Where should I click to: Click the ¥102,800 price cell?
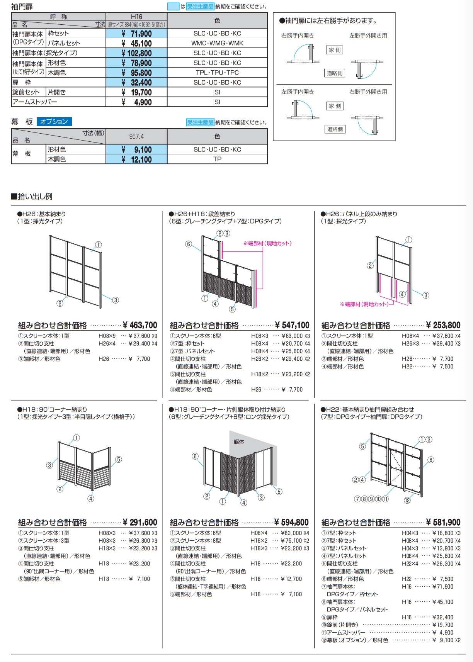pos(136,53)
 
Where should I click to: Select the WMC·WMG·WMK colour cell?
pos(217,43)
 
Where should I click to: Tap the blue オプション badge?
pos(54,122)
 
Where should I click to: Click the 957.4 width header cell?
pos(136,137)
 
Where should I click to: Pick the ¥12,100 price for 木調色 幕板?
pos(136,160)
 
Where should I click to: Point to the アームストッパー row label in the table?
pos(35,102)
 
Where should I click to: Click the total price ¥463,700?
pos(140,325)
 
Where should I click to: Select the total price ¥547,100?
pos(292,325)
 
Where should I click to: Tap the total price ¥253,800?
pos(443,325)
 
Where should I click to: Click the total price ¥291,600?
pos(140,523)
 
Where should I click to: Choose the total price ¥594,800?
pos(291,523)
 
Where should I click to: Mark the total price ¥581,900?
pos(443,523)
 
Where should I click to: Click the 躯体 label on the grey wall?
pos(239,442)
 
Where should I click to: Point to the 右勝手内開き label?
pos(298,36)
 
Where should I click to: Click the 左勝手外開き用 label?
pos(368,36)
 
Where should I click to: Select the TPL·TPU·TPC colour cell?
pos(217,73)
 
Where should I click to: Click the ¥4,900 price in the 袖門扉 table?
pos(136,102)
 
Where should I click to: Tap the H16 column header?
pos(136,17)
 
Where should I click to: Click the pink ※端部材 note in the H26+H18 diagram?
pos(267,243)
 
